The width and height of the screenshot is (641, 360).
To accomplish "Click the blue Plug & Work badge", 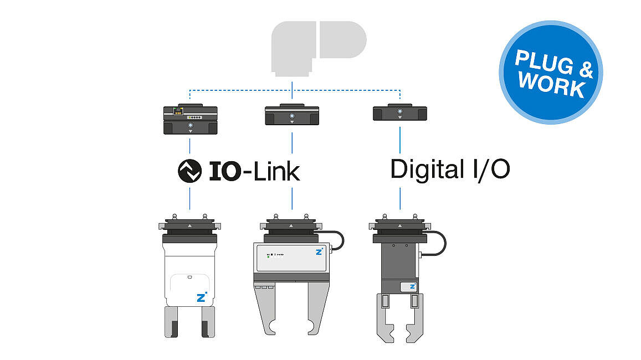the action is [551, 73].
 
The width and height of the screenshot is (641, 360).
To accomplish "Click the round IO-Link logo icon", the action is [189, 171].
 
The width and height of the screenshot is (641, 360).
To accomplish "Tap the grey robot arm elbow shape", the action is [319, 48].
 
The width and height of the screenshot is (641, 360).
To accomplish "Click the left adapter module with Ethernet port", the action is [191, 120].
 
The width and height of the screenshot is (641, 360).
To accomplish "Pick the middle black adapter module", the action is [292, 115].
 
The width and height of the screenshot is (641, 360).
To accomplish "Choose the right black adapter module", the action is [400, 112].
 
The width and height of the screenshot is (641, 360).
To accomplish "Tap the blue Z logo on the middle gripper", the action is [319, 251].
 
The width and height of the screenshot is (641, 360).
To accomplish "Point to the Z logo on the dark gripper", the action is [413, 286].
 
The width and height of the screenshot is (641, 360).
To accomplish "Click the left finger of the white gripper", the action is [171, 322].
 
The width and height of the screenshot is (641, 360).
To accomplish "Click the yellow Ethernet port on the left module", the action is [178, 111].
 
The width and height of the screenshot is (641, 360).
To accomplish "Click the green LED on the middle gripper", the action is [268, 257].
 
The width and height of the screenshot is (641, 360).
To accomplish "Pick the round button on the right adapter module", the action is [400, 111].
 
